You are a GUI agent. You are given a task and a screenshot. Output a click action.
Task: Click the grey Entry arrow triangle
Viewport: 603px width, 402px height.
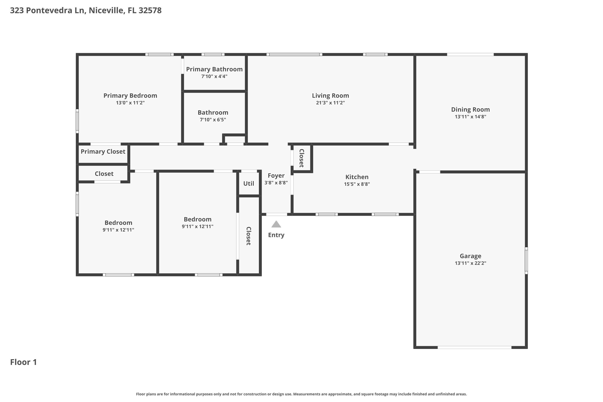pos(276,225)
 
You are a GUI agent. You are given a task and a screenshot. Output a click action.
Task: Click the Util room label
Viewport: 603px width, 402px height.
pos(248,184)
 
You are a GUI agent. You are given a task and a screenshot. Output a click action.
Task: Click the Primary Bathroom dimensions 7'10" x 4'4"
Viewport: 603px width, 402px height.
pos(214,76)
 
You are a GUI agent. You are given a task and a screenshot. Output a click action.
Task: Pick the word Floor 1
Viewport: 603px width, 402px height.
pos(23,362)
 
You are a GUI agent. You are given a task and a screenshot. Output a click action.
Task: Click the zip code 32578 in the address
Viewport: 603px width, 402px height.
pos(150,10)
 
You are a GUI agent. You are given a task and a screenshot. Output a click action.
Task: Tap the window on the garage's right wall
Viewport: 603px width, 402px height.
pos(526,260)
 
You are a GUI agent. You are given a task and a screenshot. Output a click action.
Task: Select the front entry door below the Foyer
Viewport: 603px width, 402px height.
pos(276,214)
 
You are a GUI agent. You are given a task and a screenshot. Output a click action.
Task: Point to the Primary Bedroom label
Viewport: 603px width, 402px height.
pos(130,96)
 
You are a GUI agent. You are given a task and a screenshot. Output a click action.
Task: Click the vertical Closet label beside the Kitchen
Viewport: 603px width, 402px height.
pos(301,158)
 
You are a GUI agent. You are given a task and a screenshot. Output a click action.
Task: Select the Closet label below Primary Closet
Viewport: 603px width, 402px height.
pos(104,174)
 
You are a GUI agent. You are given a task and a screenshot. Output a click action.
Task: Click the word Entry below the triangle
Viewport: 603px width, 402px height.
pos(276,235)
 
